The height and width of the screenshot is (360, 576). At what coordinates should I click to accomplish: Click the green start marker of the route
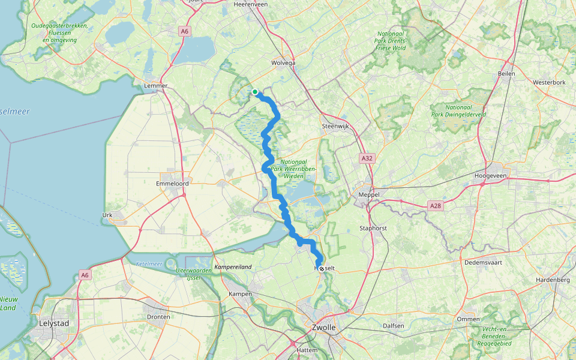(255, 92)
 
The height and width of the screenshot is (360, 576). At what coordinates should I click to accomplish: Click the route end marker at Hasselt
(322, 269)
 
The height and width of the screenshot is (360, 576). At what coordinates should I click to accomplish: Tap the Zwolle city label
(324, 328)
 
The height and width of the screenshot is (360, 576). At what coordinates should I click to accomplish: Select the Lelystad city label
(53, 323)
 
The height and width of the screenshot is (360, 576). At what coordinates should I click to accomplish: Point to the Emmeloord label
(173, 184)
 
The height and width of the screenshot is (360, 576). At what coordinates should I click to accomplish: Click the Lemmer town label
(155, 86)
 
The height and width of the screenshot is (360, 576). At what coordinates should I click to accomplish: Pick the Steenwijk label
(335, 126)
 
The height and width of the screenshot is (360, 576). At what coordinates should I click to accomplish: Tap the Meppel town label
(369, 195)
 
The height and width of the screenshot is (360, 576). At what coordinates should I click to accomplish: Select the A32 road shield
(367, 158)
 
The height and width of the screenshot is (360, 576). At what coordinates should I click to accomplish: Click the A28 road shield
(436, 205)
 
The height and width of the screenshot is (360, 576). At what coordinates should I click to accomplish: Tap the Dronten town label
(158, 317)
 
